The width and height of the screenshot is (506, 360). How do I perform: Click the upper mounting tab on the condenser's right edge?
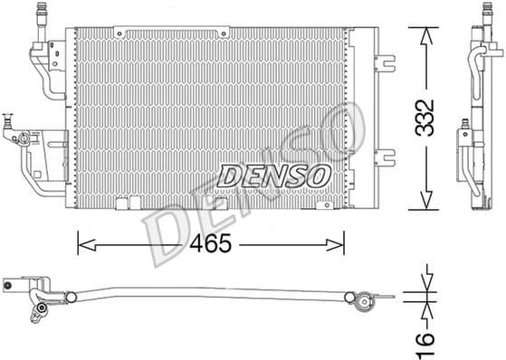tap(387, 64)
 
